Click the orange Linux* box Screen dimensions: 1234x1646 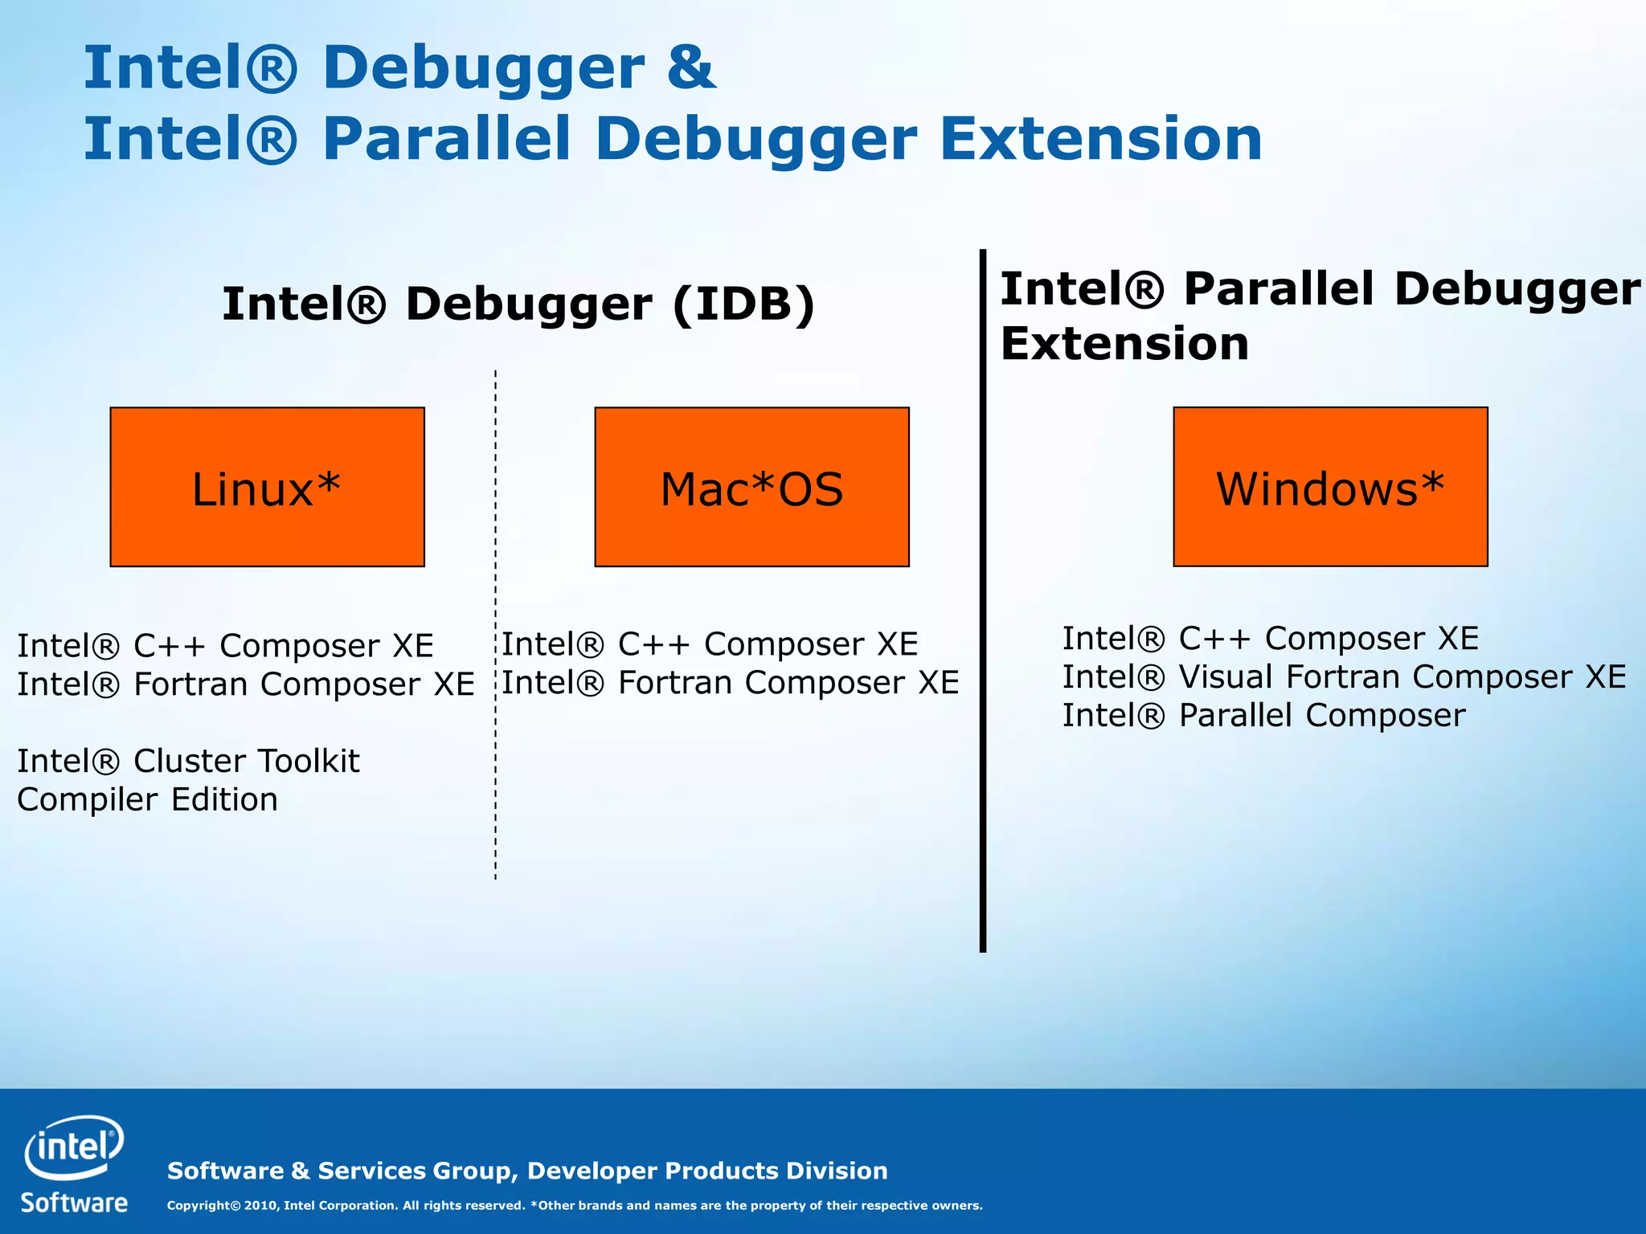click(267, 487)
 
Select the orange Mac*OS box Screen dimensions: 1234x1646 click(751, 487)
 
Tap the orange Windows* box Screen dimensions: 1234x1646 click(1330, 487)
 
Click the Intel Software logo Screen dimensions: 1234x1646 click(74, 1163)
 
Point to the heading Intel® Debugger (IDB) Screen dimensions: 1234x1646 click(518, 304)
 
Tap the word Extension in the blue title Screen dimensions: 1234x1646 click(1100, 139)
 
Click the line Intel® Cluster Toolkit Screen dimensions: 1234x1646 click(188, 761)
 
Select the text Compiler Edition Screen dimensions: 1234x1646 click(147, 799)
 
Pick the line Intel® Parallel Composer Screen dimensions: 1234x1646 click(1263, 715)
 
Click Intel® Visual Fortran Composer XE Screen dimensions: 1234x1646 click(1344, 676)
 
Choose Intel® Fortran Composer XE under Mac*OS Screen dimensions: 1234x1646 click(730, 683)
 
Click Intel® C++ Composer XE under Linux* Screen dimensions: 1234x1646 click(225, 645)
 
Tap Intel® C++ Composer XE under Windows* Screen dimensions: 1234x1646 click(1270, 639)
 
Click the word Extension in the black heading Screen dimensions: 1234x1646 click(1124, 344)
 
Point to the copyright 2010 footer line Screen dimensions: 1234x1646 click(574, 1205)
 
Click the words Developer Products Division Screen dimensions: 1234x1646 click(707, 1171)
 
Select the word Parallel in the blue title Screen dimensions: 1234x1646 click(446, 139)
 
